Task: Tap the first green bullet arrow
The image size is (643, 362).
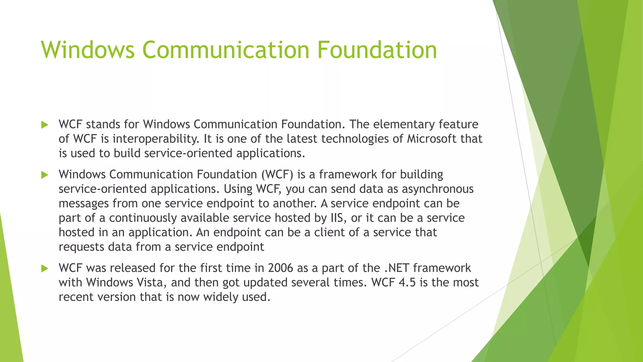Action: (x=45, y=125)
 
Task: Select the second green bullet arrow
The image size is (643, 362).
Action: (x=45, y=175)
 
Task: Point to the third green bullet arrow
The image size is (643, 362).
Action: (x=45, y=269)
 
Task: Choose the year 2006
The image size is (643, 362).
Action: (x=280, y=268)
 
